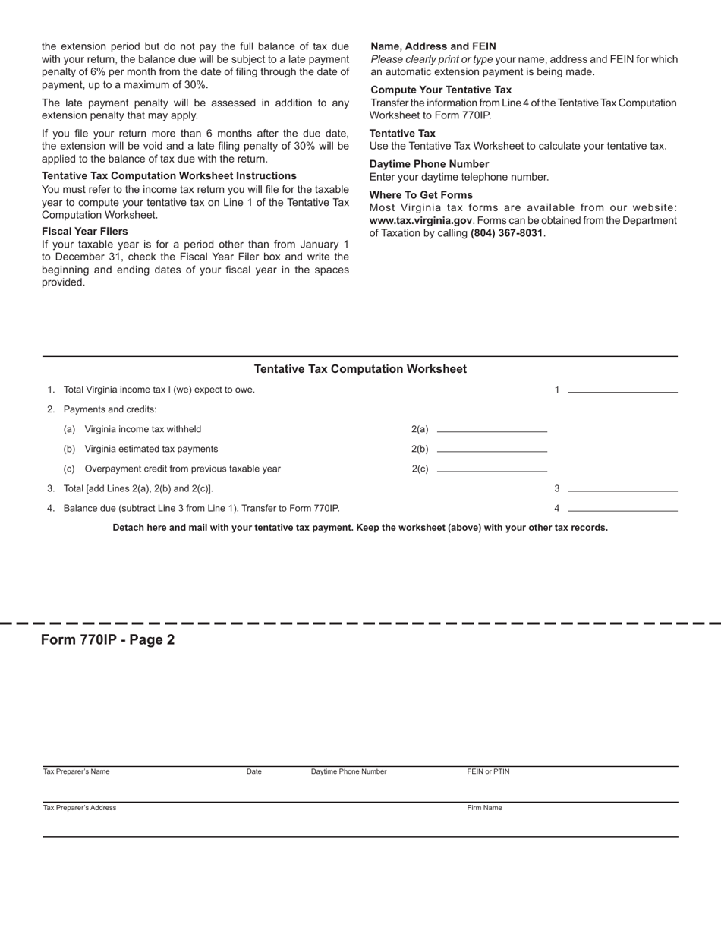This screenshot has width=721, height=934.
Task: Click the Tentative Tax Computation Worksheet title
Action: pyautogui.click(x=360, y=369)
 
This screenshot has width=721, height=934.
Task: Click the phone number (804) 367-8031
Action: pyautogui.click(x=506, y=233)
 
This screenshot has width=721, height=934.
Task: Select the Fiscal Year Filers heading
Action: pyautogui.click(x=84, y=232)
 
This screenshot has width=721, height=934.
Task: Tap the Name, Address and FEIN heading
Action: pyautogui.click(x=433, y=46)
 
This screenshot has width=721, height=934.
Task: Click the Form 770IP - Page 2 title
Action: pyautogui.click(x=108, y=639)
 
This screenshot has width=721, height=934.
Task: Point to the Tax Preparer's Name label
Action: pyautogui.click(x=76, y=771)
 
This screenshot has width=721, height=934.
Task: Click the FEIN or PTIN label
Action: pyautogui.click(x=488, y=771)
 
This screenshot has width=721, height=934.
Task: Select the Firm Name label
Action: pyautogui.click(x=484, y=808)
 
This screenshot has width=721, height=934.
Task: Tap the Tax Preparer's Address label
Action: pyautogui.click(x=80, y=808)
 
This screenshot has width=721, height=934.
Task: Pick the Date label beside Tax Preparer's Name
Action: pyautogui.click(x=253, y=771)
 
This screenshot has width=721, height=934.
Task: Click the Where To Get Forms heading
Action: pyautogui.click(x=420, y=195)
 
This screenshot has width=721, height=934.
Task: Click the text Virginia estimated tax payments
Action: pyautogui.click(x=151, y=449)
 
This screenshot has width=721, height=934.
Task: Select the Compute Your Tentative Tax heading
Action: pyautogui.click(x=441, y=90)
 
